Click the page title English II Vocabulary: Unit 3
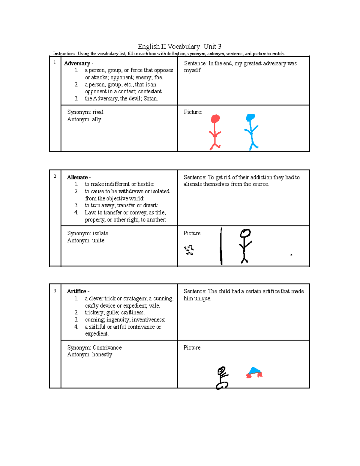(179, 47)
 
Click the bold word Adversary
(77, 63)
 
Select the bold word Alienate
(77, 177)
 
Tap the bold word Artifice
(76, 291)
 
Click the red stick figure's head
(215, 119)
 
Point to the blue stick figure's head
(250, 118)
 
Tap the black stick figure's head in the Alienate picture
(245, 233)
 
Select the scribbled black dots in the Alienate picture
(189, 250)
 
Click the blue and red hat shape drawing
(254, 372)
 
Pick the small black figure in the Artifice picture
(222, 378)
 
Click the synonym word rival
(98, 112)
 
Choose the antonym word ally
(96, 119)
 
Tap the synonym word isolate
(100, 233)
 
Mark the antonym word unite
(98, 241)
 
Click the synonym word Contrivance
(107, 348)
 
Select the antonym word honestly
(102, 355)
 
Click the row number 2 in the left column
(55, 176)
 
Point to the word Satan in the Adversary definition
(150, 99)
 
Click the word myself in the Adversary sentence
(192, 71)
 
